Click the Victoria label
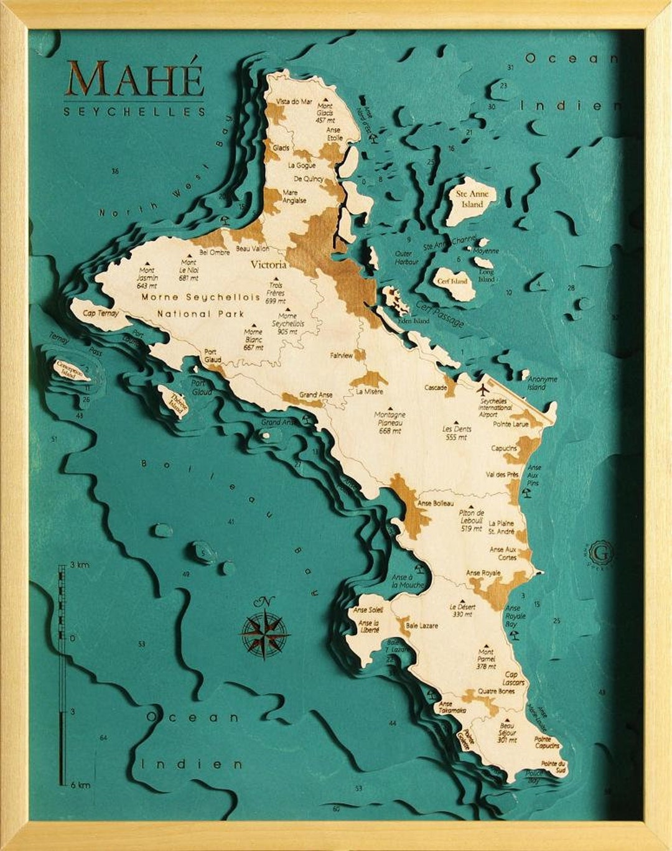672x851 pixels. [268, 264]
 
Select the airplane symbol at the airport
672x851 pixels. [483, 390]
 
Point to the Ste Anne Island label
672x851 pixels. [472, 198]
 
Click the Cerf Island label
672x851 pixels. [452, 281]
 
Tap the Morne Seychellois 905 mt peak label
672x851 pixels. [287, 323]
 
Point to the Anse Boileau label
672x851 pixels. [436, 503]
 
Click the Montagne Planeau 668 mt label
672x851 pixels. [390, 422]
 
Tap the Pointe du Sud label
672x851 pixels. [553, 766]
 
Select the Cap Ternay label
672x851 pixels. [101, 314]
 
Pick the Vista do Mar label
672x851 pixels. [294, 101]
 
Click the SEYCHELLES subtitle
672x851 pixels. [134, 112]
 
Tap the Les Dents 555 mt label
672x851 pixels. [457, 433]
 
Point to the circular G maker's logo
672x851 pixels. [602, 551]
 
